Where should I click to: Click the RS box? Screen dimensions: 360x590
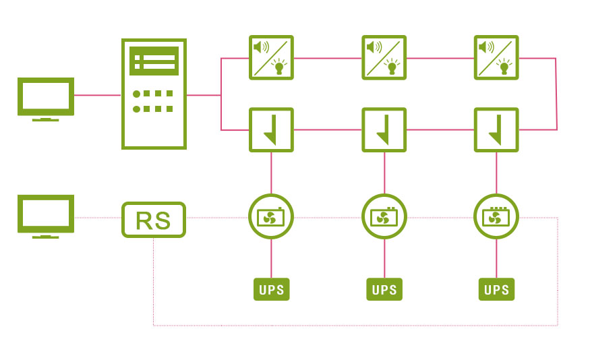154,220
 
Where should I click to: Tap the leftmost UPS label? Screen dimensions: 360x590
271,290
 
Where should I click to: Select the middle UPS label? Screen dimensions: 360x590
384,290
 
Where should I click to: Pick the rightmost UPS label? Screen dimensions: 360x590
497,290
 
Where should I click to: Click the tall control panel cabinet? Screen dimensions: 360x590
154,94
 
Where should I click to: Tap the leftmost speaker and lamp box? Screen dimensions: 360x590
271,58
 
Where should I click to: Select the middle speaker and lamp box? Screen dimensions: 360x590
384,58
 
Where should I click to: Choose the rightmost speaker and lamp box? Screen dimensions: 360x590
497,58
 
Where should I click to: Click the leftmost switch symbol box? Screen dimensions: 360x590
271,129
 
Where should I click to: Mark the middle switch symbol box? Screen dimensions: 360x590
384,129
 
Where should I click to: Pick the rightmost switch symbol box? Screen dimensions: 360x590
497,129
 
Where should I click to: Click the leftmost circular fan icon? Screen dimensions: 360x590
271,216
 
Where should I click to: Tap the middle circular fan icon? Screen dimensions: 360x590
384,216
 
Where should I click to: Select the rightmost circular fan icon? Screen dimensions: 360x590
497,216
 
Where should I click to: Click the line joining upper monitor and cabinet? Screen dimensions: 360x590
98,95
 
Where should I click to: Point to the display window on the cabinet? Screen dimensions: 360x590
154,61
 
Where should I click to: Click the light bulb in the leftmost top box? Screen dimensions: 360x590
278,66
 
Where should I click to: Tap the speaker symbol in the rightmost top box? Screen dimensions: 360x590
485,47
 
